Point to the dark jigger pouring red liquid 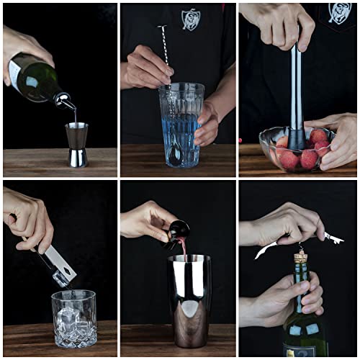(x=177, y=233)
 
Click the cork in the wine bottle (x=299, y=255)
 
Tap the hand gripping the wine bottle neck (x=288, y=299)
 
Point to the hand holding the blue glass (x=208, y=122)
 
